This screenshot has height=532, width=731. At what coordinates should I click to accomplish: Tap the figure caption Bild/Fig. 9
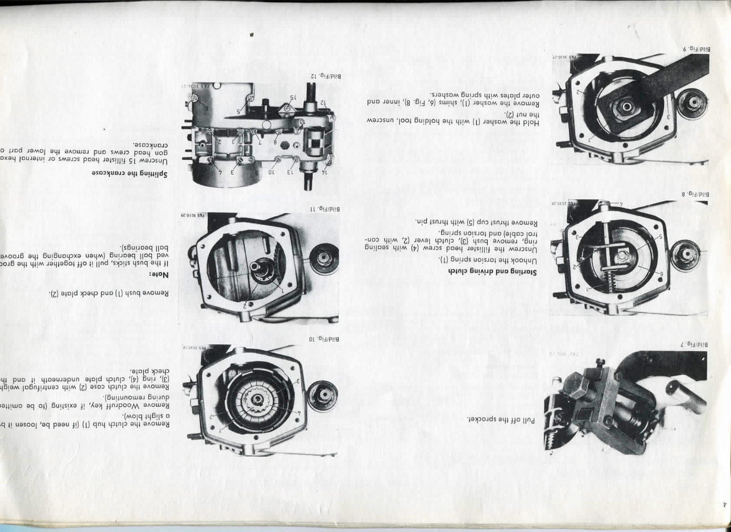[x=692, y=49]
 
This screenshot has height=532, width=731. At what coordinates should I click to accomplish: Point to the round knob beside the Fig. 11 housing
[x=323, y=258]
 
